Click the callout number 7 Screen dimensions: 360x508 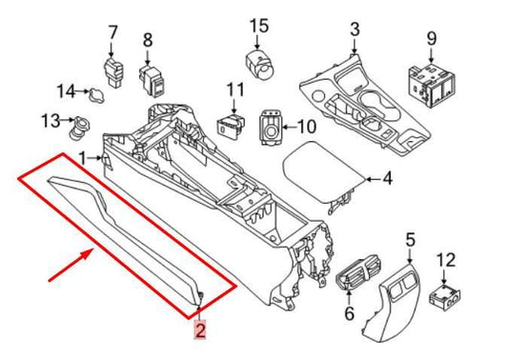point(112,33)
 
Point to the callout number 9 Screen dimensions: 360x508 point(431,38)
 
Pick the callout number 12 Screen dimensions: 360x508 point(446,260)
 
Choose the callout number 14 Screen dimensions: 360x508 point(65,91)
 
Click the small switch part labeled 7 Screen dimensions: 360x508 point(112,70)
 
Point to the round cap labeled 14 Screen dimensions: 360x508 point(93,93)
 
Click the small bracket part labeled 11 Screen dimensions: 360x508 point(229,124)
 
